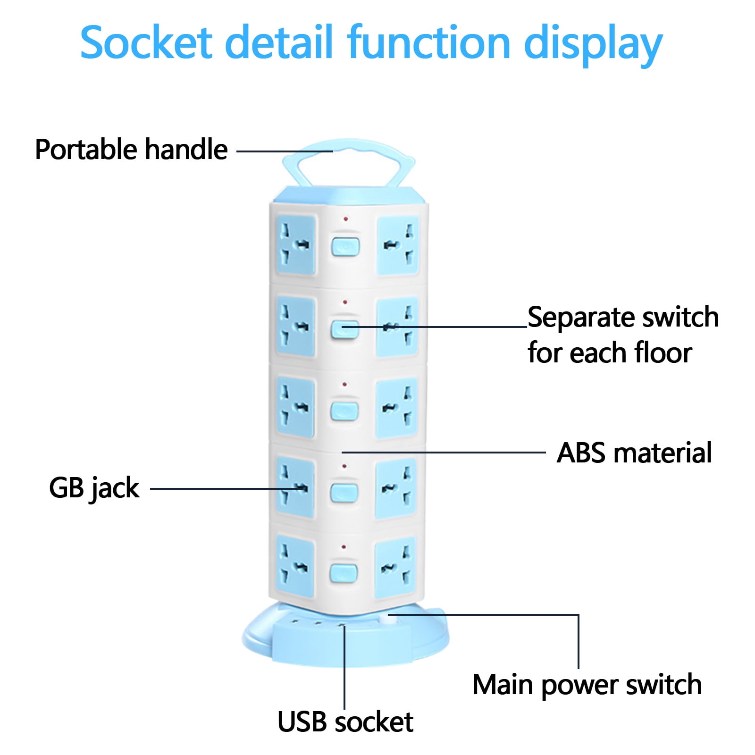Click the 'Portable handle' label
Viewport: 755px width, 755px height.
(x=131, y=150)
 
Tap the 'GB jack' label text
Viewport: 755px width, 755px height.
(x=94, y=488)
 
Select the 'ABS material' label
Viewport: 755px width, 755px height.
(x=634, y=453)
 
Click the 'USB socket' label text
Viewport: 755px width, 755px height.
(x=345, y=722)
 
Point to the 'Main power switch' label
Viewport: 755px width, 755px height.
(x=587, y=685)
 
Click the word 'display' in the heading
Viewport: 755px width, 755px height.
(x=593, y=45)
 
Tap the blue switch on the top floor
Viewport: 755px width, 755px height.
(x=345, y=247)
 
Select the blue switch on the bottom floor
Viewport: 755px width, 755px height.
(x=344, y=572)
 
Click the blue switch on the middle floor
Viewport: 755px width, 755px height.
(x=344, y=411)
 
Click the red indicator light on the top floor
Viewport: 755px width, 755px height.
(x=346, y=219)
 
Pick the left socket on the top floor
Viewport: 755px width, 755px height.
(x=296, y=244)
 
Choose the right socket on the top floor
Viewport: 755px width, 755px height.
(x=398, y=245)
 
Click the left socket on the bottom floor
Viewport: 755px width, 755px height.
(x=295, y=565)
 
